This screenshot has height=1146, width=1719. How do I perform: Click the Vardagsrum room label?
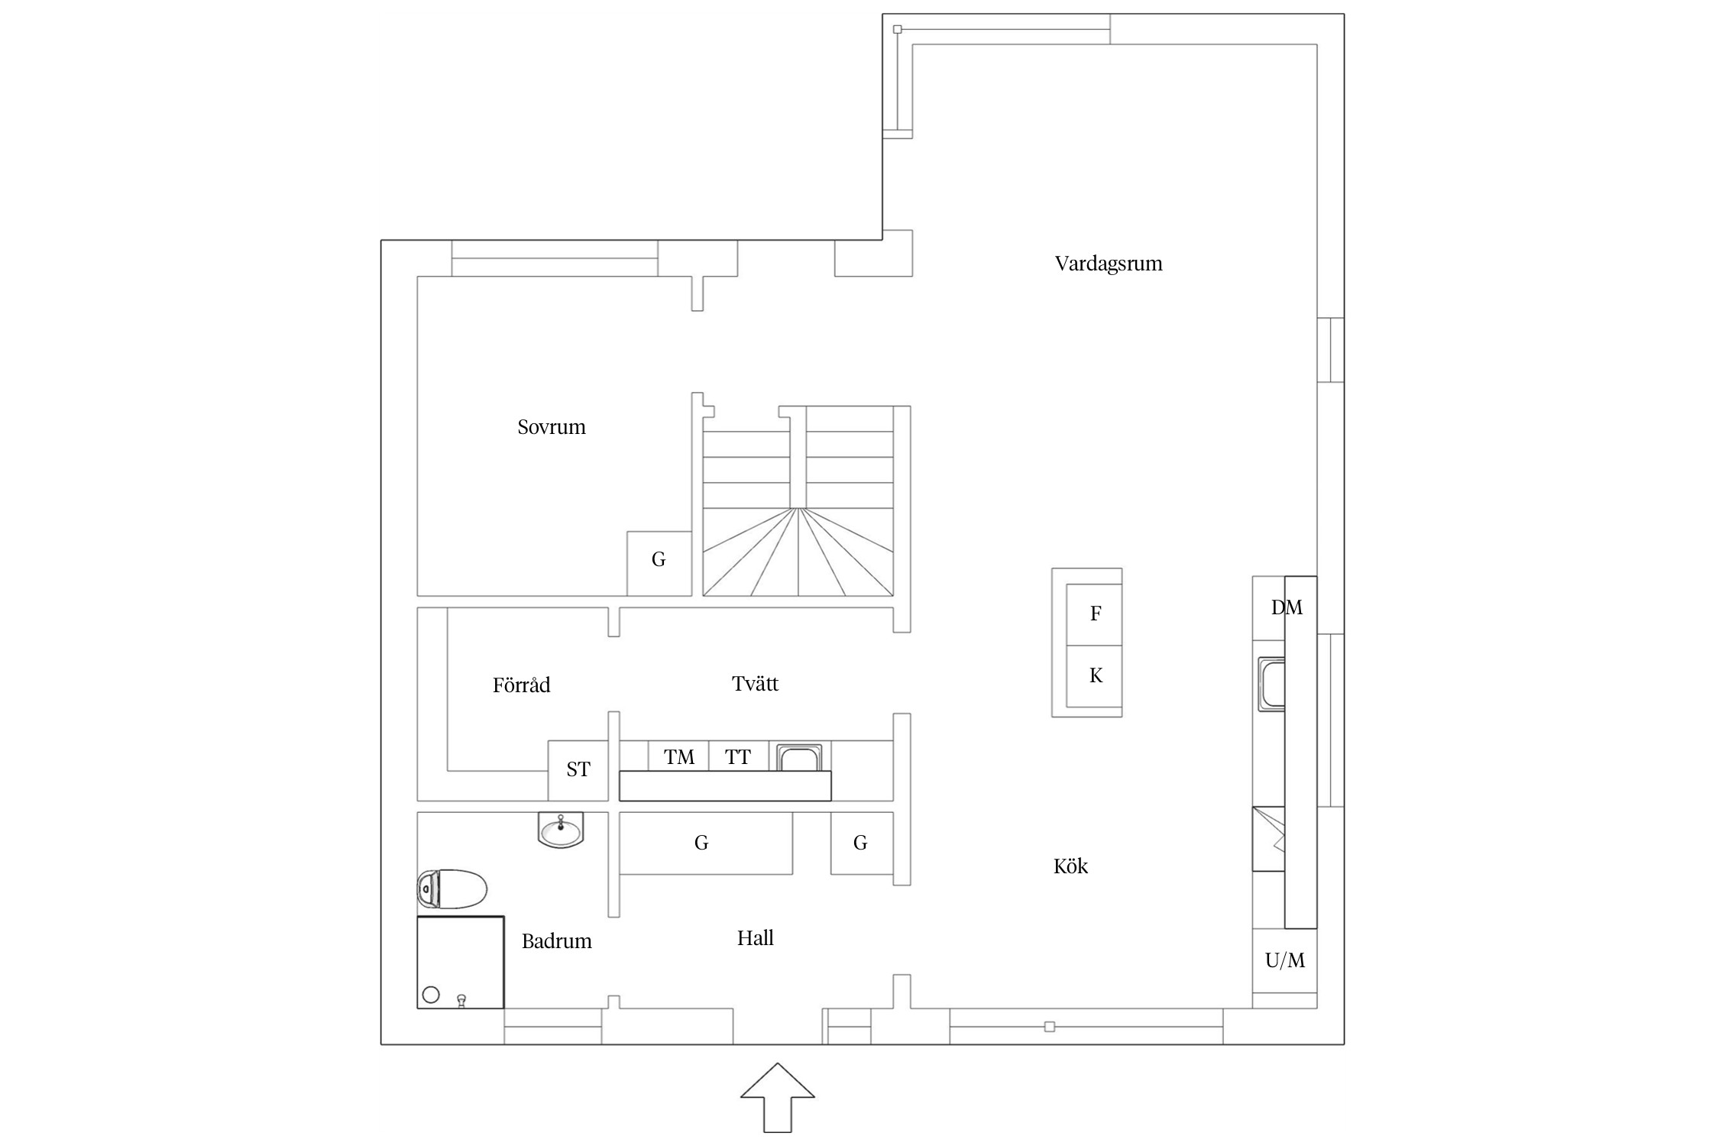[x=1109, y=264]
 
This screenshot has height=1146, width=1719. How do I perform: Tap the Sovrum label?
[x=552, y=427]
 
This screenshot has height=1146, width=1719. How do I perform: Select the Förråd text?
[x=521, y=685]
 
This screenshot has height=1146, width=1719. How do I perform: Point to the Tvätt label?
[x=755, y=684]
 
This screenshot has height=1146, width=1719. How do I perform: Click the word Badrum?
[x=556, y=941]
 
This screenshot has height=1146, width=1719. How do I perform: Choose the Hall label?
[x=755, y=938]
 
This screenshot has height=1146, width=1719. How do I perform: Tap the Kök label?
[x=1070, y=866]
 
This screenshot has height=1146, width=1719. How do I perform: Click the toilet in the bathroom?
[x=452, y=889]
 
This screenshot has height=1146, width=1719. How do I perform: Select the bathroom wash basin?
[x=561, y=830]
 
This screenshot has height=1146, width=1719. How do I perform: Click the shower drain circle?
[x=431, y=995]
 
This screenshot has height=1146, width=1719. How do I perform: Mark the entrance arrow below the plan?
[x=778, y=1097]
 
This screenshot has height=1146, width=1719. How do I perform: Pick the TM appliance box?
[x=678, y=756]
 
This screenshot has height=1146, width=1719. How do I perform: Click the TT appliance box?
[x=739, y=756]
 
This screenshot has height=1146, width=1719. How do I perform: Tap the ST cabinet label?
[x=578, y=770]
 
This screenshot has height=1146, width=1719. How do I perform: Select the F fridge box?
[x=1094, y=615]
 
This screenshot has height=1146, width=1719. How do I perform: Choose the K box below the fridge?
[x=1094, y=676]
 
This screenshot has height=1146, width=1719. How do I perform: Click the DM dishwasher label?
[x=1287, y=608]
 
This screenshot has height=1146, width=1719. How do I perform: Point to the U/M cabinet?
[x=1285, y=960]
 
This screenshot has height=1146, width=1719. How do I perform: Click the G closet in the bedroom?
[x=659, y=564]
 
